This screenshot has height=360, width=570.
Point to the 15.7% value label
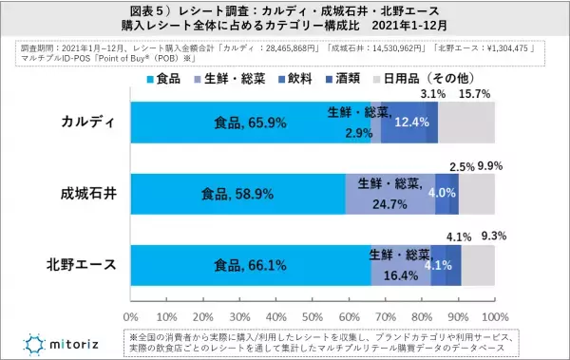click(475, 94)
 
